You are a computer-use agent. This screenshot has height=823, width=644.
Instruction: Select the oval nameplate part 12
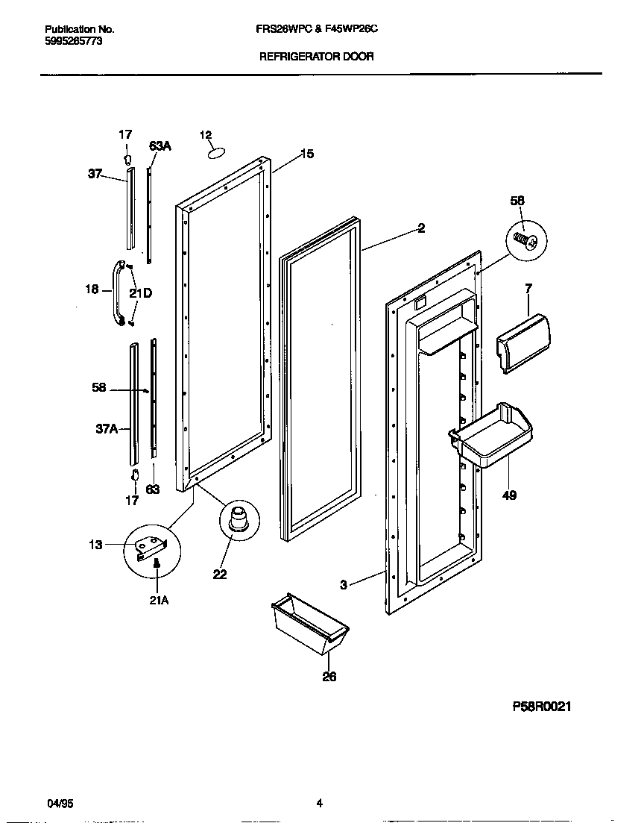click(215, 152)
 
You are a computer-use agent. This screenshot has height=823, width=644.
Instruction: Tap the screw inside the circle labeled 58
click(526, 240)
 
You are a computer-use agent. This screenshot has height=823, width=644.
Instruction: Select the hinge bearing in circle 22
click(240, 519)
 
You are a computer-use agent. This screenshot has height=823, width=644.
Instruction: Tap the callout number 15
click(307, 154)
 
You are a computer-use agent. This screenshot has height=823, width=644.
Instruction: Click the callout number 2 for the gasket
click(421, 228)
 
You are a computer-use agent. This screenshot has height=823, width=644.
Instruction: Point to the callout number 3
click(343, 585)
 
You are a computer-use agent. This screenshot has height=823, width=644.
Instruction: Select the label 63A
click(160, 146)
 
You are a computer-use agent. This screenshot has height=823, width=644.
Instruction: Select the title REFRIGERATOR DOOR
click(316, 56)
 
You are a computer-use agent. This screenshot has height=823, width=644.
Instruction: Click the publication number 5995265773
click(73, 42)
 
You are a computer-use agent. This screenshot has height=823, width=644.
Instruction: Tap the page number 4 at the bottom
click(319, 804)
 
